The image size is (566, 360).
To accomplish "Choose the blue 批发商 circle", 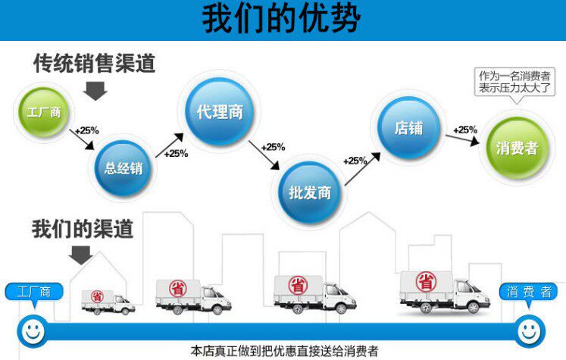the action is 310,192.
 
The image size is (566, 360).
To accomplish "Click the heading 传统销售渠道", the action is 94,64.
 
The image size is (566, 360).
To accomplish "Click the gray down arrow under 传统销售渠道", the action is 95,91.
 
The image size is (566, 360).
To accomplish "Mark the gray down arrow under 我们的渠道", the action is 80,255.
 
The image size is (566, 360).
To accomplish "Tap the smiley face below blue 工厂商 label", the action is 31,330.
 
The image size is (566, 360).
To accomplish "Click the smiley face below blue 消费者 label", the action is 527,330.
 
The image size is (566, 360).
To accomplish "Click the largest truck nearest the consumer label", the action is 443,291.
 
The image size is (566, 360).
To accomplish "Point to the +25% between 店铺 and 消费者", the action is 465,130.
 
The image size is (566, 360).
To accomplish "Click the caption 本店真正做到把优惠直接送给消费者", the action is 284,352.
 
